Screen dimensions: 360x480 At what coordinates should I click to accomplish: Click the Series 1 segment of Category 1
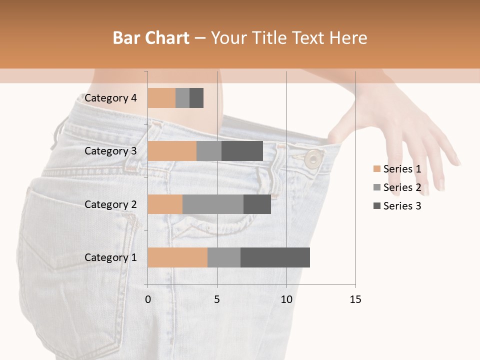coord(177,257)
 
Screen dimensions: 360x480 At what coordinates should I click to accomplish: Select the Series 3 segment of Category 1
coord(275,257)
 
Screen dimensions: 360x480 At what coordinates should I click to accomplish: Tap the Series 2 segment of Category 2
coord(213,204)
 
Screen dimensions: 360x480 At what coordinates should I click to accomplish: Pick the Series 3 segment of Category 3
coord(242,151)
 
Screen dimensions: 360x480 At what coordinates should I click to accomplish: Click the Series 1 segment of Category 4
coord(161,98)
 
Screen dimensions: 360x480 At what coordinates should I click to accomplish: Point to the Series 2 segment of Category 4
coord(182,98)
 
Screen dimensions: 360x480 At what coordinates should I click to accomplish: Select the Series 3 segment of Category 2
coord(257,204)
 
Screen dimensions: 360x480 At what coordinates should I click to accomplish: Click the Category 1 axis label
coord(110,257)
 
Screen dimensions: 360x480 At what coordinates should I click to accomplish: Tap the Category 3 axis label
coord(110,151)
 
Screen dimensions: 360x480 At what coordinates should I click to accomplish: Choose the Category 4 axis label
coord(110,98)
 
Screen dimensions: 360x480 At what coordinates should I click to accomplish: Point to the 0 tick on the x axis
coord(147,299)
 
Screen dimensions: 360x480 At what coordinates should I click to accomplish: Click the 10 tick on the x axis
coord(286,299)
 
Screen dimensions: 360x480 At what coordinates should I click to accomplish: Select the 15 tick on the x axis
coord(355,299)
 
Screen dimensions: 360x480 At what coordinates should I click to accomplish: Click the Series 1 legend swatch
coord(376,169)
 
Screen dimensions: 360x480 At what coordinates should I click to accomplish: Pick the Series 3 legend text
coord(402,206)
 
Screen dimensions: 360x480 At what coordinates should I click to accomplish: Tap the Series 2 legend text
coord(402,187)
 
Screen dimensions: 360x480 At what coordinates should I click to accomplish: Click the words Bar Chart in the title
coord(151,37)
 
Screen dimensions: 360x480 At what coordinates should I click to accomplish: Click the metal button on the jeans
coord(313,158)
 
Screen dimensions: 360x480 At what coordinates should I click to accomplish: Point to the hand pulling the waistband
coord(395,125)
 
